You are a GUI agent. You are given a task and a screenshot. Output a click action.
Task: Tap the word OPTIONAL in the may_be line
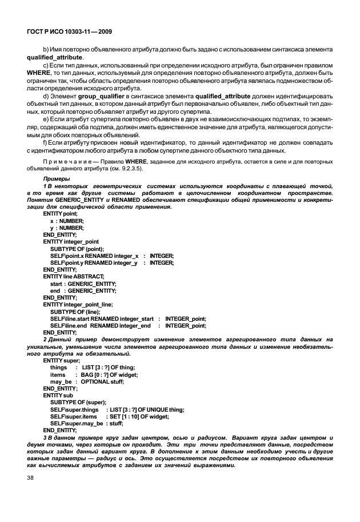point(96,381)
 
